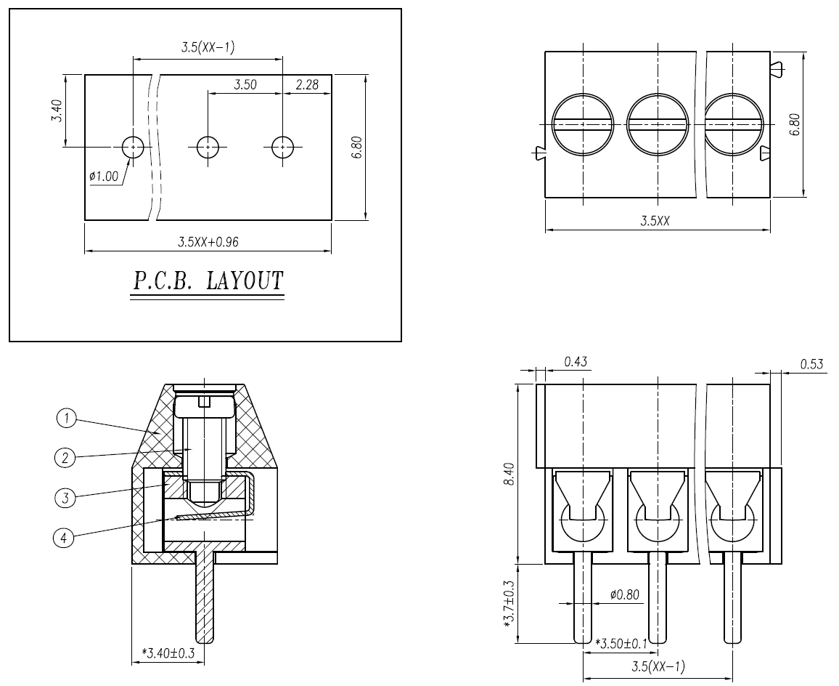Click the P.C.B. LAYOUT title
[207, 281]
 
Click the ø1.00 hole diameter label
[104, 177]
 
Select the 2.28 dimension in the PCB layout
[307, 85]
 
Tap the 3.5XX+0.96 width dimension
[208, 242]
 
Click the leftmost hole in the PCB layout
[133, 147]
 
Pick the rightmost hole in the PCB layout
[282, 147]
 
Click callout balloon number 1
[66, 418]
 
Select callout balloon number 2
[65, 457]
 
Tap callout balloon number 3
[65, 498]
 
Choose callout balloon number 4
[65, 538]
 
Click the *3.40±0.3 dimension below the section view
[168, 653]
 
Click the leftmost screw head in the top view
[583, 124]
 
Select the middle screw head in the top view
[657, 124]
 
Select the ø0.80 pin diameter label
[624, 595]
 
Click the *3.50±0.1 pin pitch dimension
[621, 644]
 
